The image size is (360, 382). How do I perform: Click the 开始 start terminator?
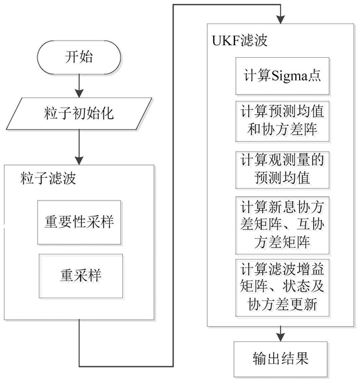tap(79, 57)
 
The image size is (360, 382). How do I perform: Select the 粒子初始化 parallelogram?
tap(79, 114)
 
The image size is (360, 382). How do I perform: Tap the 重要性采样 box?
tap(79, 222)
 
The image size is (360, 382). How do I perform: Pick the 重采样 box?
tap(81, 276)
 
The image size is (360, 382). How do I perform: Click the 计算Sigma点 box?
tap(282, 76)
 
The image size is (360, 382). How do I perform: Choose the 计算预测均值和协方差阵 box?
tap(282, 121)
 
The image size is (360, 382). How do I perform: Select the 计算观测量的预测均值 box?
tap(282, 170)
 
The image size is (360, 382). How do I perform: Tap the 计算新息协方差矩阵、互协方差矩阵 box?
tap(282, 225)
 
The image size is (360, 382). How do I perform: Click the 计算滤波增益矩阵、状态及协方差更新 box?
tap(282, 287)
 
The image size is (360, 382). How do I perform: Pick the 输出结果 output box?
tap(281, 359)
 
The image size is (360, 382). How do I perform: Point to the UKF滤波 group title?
tap(240, 41)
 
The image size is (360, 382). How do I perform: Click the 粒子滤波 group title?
tap(48, 178)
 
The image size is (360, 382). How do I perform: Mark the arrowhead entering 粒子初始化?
tap(79, 93)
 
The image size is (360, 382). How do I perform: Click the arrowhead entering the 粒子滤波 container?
tap(79, 161)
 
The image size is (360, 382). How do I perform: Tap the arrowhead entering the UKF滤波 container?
tap(281, 20)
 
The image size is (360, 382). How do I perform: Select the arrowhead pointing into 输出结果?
tap(281, 338)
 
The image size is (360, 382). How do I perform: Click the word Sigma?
tap(289, 76)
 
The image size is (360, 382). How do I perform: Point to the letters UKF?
tap(226, 41)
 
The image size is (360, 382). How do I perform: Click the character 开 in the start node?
tap(72, 57)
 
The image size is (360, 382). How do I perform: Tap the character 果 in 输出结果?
tap(302, 359)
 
